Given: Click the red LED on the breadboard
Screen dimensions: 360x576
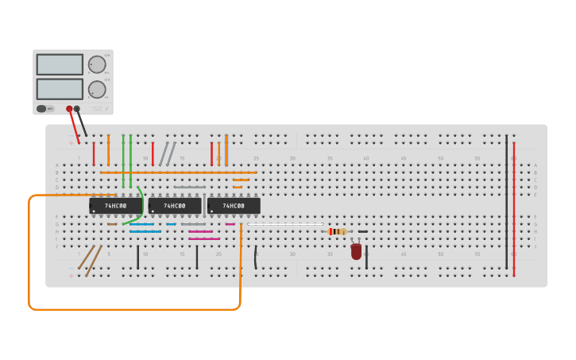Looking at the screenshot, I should click(356, 251).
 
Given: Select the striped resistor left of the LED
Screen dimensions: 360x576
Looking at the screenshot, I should click(338, 231).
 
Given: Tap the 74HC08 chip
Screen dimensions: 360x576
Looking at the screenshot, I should click(234, 206).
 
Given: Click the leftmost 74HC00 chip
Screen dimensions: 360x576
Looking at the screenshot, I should click(115, 206).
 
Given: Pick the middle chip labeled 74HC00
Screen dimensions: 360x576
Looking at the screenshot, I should click(174, 206).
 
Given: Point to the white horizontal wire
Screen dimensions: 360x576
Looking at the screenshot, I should click(286, 224).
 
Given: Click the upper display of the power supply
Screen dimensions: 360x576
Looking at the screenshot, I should click(60, 64).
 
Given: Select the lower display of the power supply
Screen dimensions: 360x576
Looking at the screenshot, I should click(60, 89).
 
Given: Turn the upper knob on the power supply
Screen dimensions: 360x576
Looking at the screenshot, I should click(97, 64).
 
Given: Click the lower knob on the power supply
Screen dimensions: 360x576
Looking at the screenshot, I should click(97, 89).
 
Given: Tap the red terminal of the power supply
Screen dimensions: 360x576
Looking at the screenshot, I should click(69, 109).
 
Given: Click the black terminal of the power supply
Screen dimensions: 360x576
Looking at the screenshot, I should click(77, 109).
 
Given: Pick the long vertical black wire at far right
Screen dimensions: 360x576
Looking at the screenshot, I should click(506, 203).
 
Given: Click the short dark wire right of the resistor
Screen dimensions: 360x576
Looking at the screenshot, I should click(363, 231).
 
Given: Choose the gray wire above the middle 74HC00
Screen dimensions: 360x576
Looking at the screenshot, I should click(190, 188).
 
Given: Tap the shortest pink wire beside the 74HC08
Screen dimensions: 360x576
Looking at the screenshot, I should click(230, 224).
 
